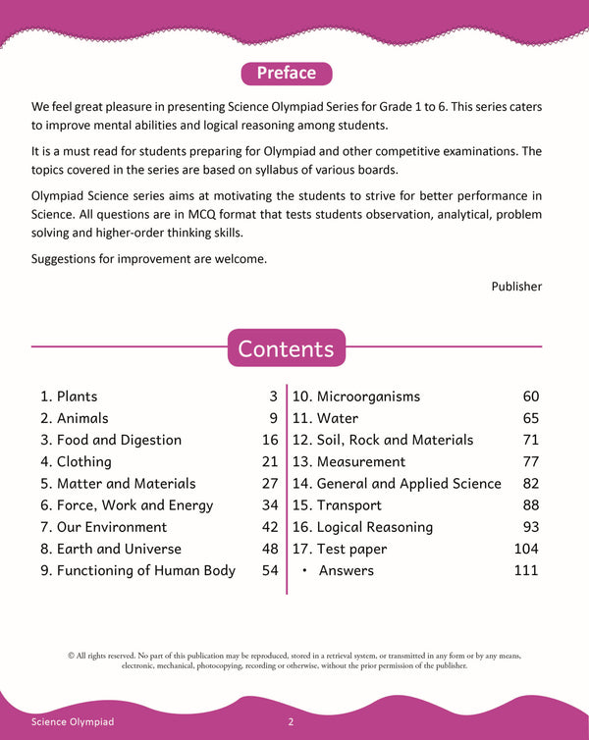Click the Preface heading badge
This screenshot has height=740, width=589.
[x=286, y=74]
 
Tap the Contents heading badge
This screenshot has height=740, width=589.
[x=286, y=348]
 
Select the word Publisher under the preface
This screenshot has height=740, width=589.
[x=516, y=286]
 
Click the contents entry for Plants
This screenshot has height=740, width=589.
[x=69, y=396]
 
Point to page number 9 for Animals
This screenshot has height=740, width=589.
[x=274, y=418]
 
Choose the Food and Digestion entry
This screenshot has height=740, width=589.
[x=111, y=440]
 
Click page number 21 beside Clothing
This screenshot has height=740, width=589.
[x=270, y=461]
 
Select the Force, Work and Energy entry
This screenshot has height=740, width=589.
[x=127, y=505]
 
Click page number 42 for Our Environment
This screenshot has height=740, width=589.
[x=270, y=527]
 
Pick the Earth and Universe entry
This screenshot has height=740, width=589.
[x=111, y=549]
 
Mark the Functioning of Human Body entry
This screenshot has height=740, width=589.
[x=137, y=570]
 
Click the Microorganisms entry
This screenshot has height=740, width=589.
[x=356, y=396]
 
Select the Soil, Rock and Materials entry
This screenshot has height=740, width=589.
[x=383, y=440]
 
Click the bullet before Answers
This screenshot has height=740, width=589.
[x=305, y=570]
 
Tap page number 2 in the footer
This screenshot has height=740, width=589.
[x=292, y=722]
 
